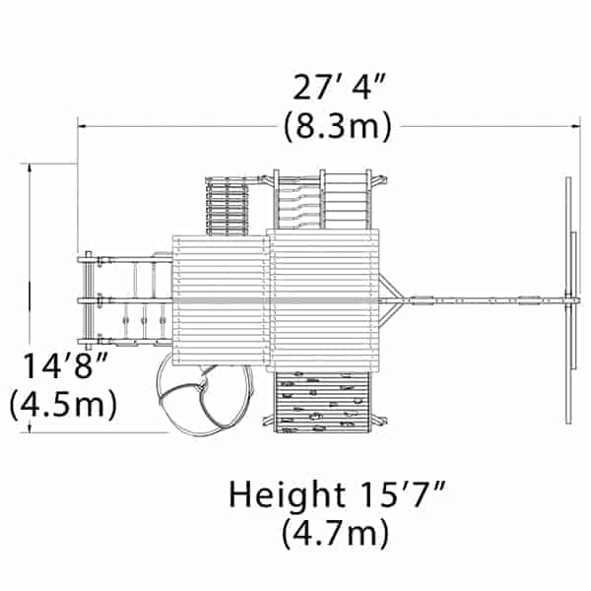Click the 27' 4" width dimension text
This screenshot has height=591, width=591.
[x=339, y=88]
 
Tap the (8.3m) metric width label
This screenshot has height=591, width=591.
[x=338, y=126]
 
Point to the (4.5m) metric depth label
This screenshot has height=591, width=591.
[x=63, y=405]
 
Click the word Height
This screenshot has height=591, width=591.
[x=288, y=494]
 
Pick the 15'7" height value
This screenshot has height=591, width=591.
[x=403, y=493]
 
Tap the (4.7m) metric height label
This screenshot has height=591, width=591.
[x=335, y=533]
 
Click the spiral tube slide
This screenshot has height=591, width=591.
[x=206, y=400]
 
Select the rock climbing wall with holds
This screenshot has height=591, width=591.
[x=322, y=402]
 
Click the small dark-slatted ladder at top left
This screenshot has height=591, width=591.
[x=228, y=207]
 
